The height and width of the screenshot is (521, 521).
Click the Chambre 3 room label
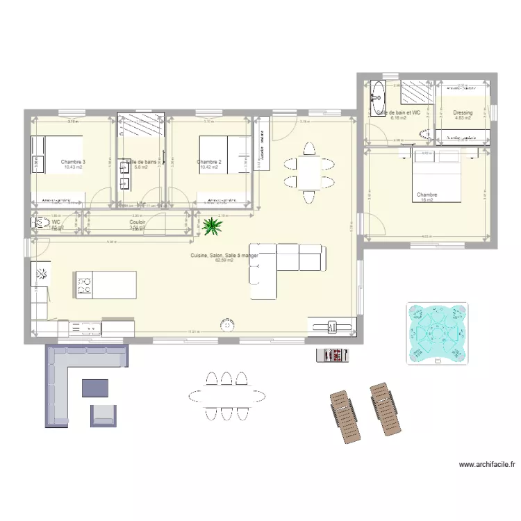click(73, 162)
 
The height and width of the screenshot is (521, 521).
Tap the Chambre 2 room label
click(209, 162)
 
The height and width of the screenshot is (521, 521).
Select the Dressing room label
click(463, 113)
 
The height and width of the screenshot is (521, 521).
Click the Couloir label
click(137, 222)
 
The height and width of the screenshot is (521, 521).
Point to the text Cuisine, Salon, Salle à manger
click(224, 256)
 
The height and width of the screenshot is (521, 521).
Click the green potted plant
click(209, 224)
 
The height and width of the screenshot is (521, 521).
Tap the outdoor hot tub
click(436, 334)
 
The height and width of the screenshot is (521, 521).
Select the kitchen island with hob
click(105, 283)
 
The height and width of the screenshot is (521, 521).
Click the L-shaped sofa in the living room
click(285, 267)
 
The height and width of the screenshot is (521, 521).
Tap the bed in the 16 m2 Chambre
click(438, 174)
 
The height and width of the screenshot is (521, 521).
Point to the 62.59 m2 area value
click(224, 261)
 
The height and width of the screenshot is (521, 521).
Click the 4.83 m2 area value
click(463, 118)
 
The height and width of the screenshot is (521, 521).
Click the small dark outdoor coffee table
click(95, 388)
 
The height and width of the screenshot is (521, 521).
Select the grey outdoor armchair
click(104, 415)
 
